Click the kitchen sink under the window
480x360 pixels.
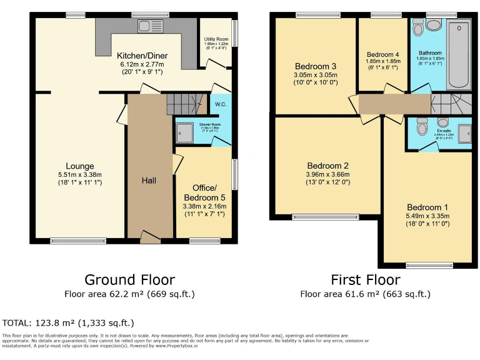coord(150,26)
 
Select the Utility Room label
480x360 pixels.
coord(216,39)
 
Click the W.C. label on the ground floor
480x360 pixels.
coord(220,104)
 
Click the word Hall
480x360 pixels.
coord(148,181)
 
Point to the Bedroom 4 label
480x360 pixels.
coord(382,54)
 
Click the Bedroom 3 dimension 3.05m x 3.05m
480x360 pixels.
coord(316,76)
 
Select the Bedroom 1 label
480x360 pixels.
coord(427,207)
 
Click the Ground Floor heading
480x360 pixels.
coord(129,279)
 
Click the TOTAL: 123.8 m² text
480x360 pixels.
coord(68,323)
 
